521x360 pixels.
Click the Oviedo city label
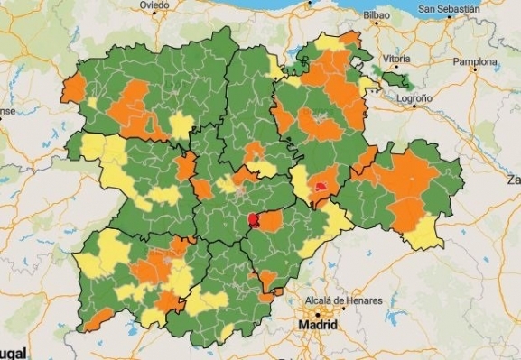(x=154, y=5)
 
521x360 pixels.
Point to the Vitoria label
(x=396, y=59)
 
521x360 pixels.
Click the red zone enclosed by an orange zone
(x=321, y=187)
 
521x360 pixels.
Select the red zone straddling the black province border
(x=254, y=219)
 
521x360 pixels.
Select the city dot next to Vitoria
(x=386, y=65)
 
